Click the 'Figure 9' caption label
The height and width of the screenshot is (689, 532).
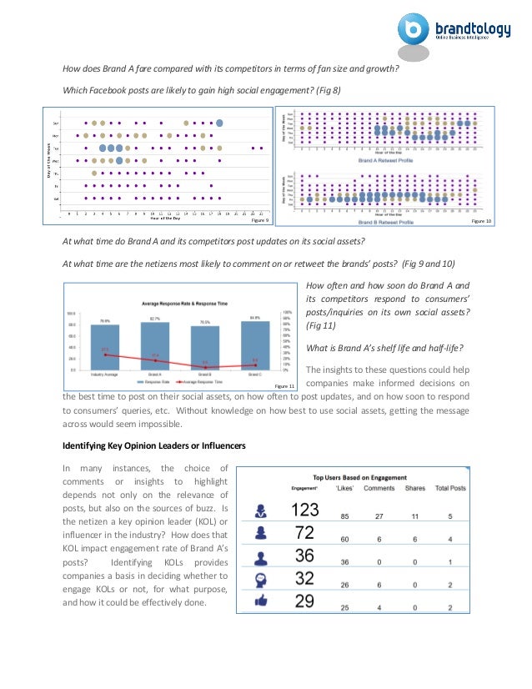coord(259,220)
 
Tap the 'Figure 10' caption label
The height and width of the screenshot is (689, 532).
coord(482,220)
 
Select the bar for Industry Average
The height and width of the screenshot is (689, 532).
coord(105,346)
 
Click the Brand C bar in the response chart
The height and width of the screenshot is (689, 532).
coord(254,344)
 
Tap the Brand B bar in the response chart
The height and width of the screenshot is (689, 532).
coord(204,348)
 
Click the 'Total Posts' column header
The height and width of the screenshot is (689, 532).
coord(474,488)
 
